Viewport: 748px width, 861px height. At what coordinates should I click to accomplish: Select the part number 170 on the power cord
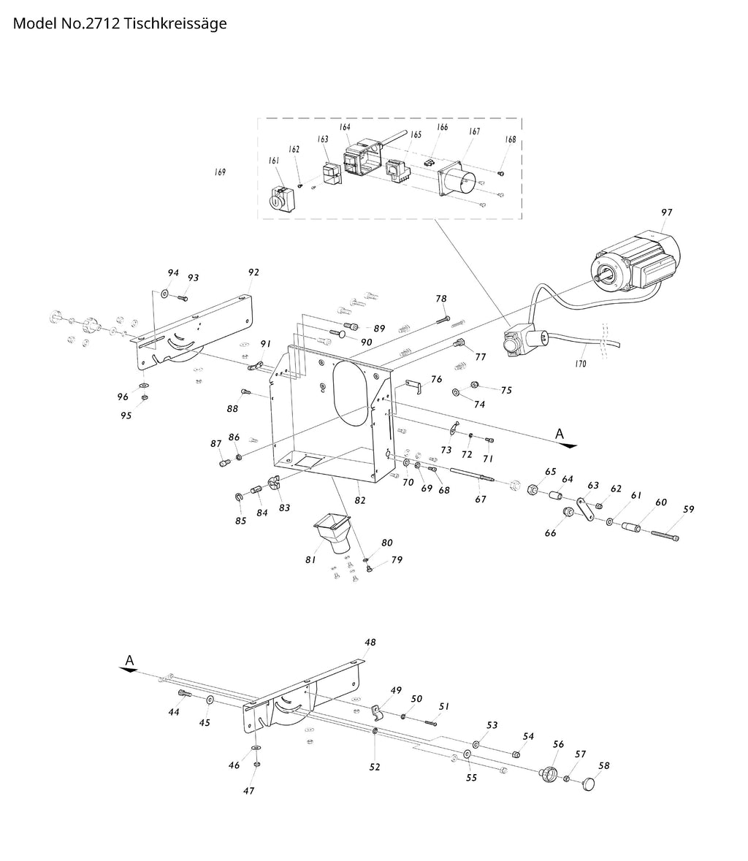point(580,363)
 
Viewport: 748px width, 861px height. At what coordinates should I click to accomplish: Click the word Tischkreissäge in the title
point(175,23)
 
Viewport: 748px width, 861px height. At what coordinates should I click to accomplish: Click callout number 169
point(220,172)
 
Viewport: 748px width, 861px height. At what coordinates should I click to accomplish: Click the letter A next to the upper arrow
point(560,434)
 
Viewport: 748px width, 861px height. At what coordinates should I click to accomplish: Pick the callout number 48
point(370,643)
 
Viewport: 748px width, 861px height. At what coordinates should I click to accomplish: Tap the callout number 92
point(253,272)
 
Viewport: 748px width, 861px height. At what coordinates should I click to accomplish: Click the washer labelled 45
point(210,700)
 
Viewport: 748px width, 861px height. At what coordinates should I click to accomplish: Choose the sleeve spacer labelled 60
point(633,527)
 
